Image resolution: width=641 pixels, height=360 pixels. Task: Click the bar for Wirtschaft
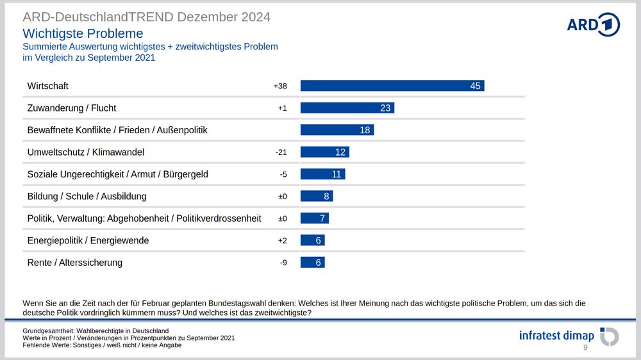pos(392,86)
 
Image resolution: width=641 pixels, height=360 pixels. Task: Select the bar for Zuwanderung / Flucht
pos(347,108)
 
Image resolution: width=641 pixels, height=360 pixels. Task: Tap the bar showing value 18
pos(337,130)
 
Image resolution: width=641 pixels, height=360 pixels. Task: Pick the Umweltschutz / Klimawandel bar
pos(324,152)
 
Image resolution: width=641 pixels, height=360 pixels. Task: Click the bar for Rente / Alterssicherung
pos(312,263)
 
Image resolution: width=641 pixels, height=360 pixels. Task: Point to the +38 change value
pos(280,86)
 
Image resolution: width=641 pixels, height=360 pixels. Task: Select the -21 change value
pos(281,152)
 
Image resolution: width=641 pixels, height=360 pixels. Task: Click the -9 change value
pos(283,263)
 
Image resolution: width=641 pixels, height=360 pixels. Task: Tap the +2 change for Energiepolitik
pos(282,241)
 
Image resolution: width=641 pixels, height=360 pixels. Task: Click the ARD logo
pos(593,24)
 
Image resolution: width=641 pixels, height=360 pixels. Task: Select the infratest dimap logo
pos(568,336)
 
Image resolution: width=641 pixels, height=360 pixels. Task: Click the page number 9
pos(585,348)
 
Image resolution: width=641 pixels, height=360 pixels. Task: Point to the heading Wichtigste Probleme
pos(83,33)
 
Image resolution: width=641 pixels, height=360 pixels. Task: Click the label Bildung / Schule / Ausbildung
pos(87,197)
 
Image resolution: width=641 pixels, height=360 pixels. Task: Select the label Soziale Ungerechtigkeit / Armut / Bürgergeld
pos(117,174)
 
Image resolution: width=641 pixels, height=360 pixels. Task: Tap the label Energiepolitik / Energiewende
pos(88,241)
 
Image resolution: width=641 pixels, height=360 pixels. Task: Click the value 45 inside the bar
pos(475,86)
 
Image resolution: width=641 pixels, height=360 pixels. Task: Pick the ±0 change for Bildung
pos(282,197)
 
